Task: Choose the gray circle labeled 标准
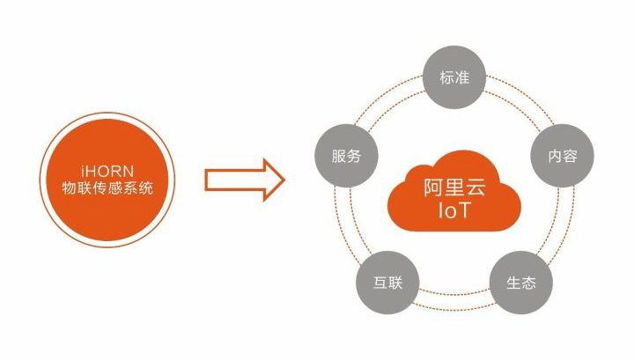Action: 453,77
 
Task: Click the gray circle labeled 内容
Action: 562,157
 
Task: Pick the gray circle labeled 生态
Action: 520,283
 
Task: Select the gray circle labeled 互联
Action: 387,283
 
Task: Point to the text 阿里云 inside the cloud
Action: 453,187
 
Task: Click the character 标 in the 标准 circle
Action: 445,77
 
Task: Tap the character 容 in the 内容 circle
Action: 571,157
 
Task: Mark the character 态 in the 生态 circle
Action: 528,283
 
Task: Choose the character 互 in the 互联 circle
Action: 379,283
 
